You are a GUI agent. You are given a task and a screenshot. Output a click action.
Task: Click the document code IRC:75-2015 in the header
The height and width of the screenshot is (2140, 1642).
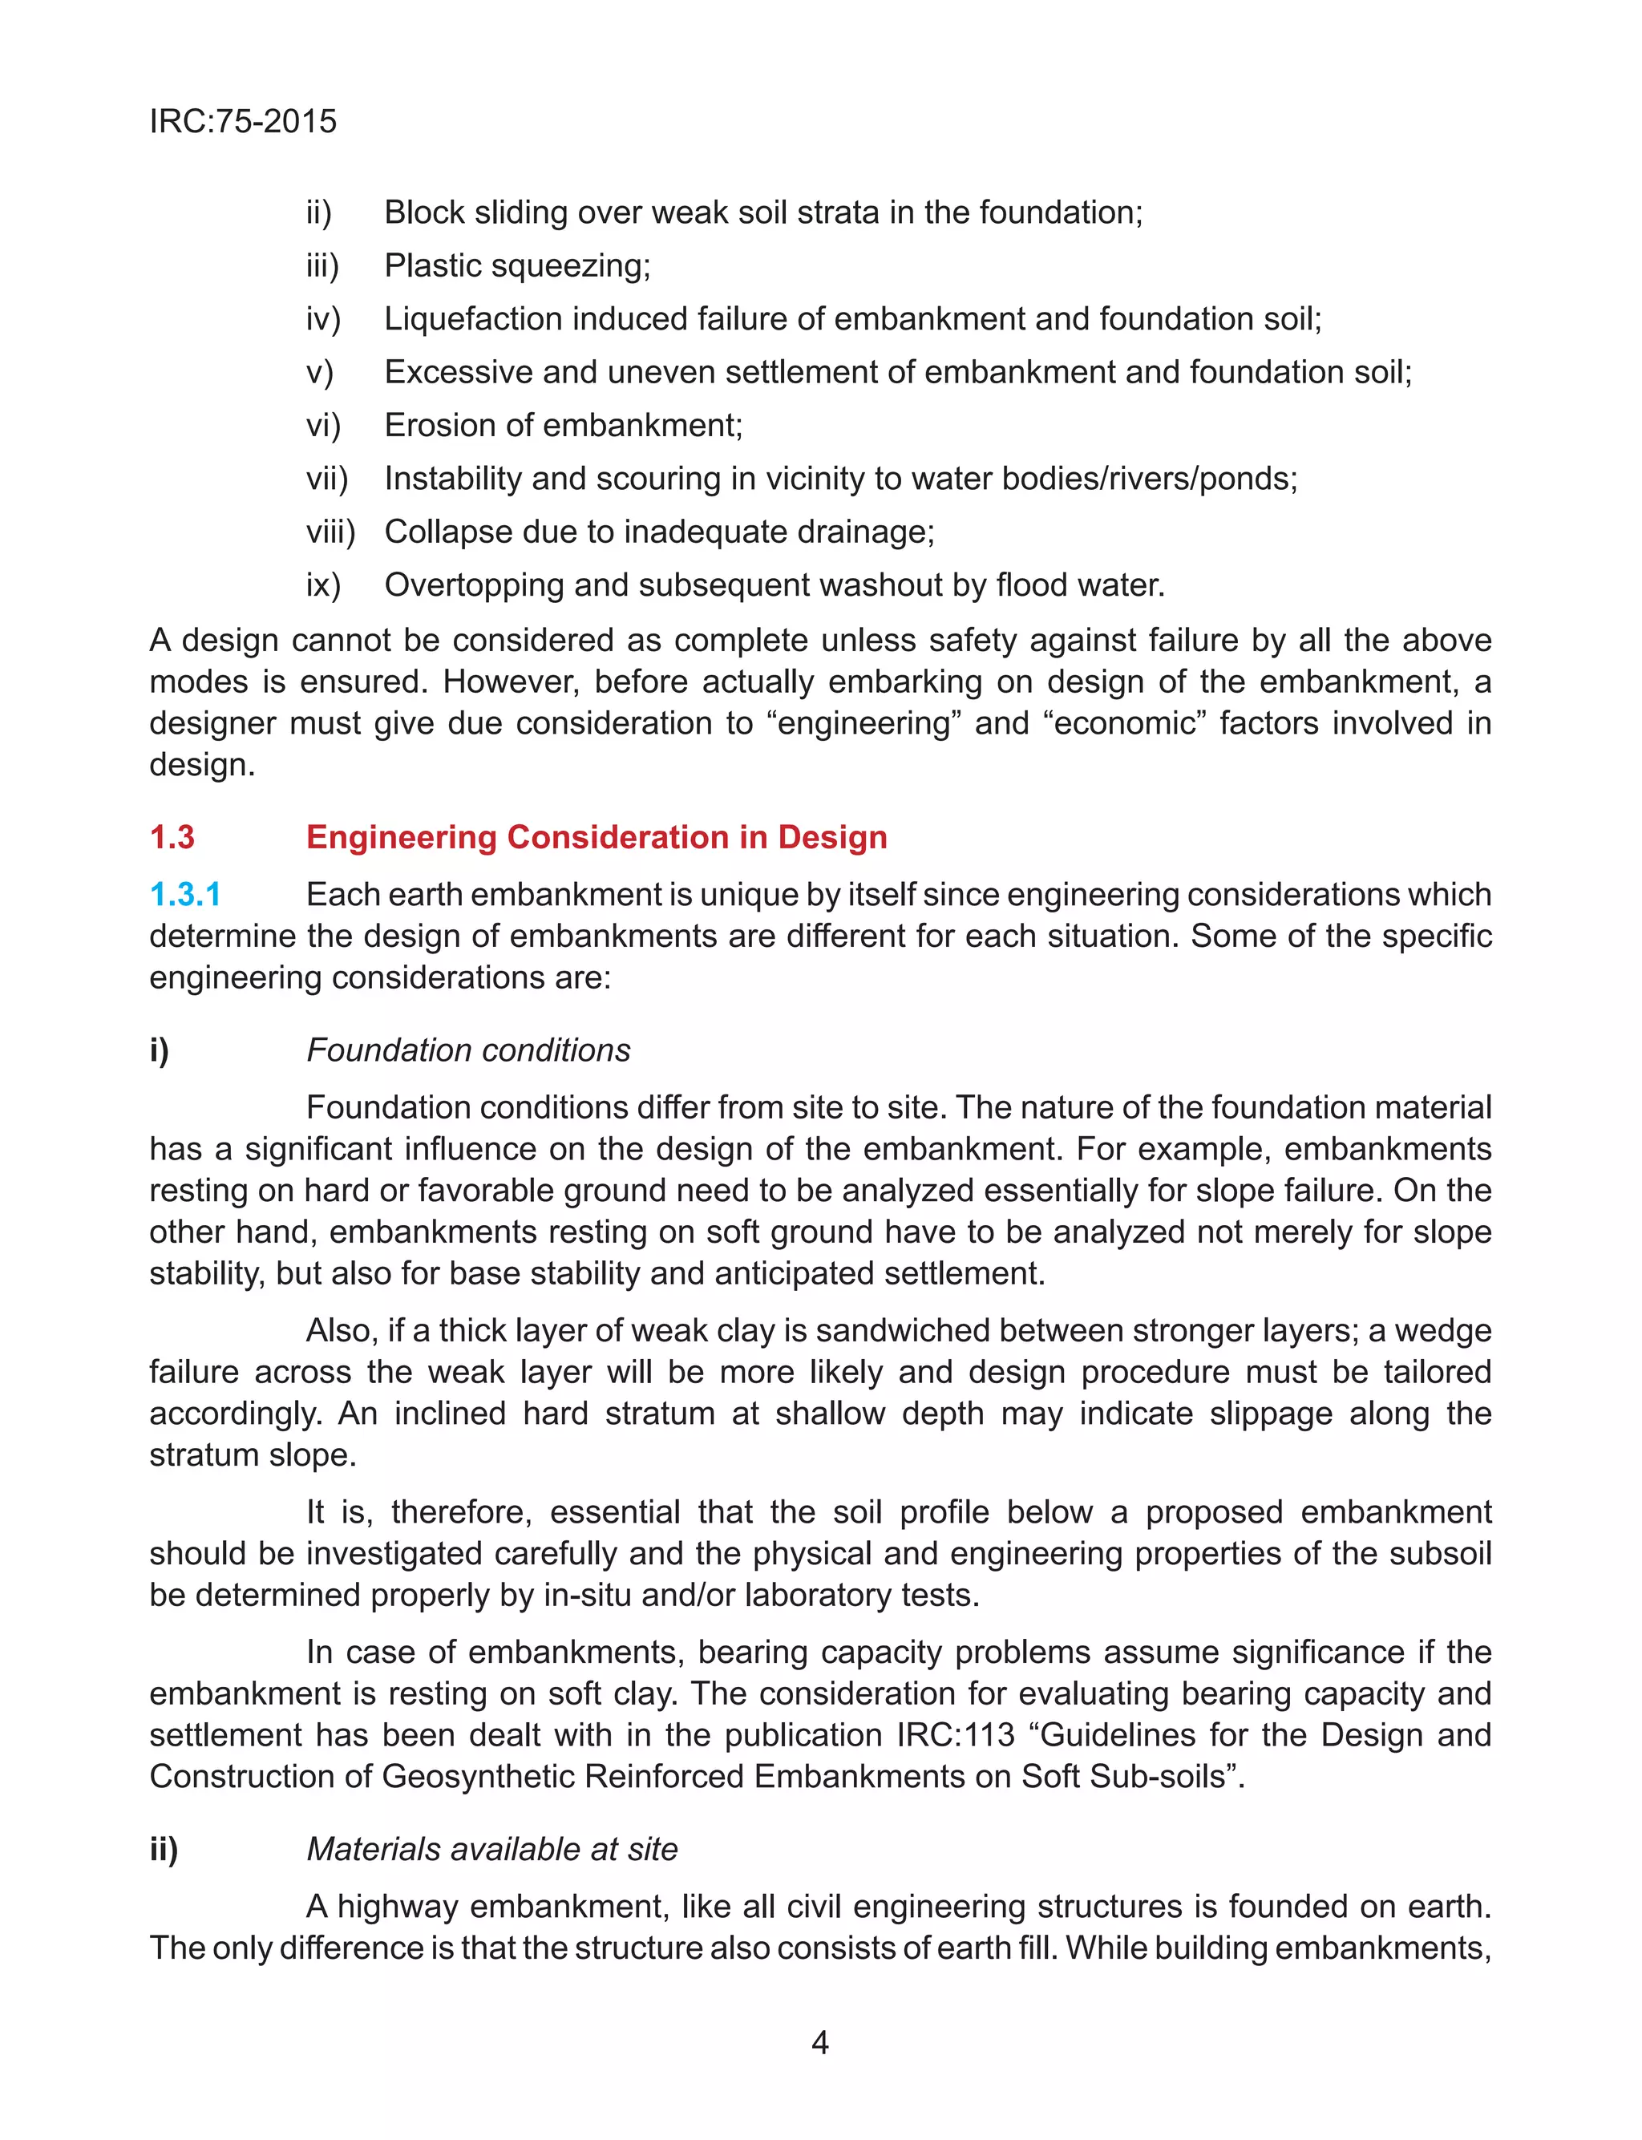pos(242,121)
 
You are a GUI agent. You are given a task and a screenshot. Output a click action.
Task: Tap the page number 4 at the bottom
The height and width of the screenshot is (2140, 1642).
pos(820,2042)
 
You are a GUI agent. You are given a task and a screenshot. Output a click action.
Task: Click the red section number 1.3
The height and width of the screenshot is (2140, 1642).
pos(172,837)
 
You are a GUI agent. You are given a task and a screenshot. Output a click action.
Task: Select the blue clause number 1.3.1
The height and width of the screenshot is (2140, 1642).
pos(184,894)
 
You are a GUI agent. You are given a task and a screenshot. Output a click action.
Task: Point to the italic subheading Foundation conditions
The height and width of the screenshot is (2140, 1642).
pos(468,1050)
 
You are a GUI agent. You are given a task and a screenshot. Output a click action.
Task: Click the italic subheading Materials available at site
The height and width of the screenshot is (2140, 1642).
pos(491,1849)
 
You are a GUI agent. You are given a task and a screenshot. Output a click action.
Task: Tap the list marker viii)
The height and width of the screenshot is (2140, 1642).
pos(330,532)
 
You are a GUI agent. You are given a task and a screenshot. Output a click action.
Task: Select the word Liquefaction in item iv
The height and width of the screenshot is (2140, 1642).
pos(473,318)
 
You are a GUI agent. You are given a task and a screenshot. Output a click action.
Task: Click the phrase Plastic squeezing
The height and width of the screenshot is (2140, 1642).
pos(517,265)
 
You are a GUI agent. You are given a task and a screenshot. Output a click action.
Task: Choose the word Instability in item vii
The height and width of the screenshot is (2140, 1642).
pos(452,479)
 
